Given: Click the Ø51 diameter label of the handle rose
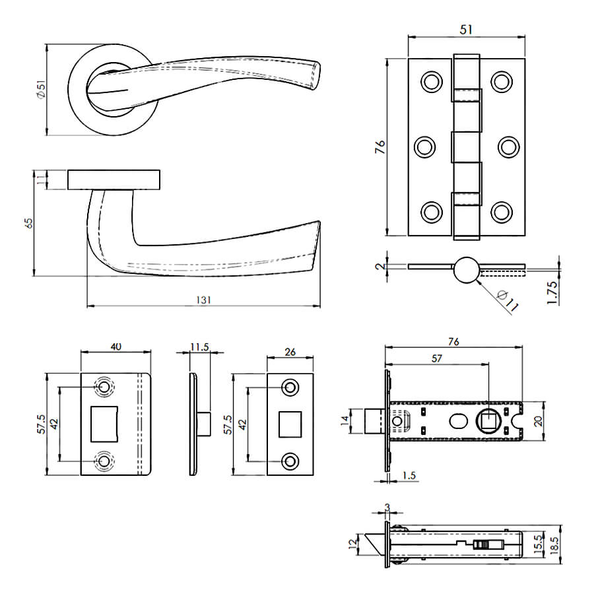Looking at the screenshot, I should pyautogui.click(x=40, y=90).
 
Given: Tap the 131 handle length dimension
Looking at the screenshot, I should pyautogui.click(x=203, y=300).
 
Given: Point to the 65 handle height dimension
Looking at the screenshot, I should pyautogui.click(x=28, y=223).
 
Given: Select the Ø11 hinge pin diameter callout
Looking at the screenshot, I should pyautogui.click(x=507, y=300).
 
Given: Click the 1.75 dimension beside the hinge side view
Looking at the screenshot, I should pyautogui.click(x=552, y=292).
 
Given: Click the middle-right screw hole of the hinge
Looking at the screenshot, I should pyautogui.click(x=508, y=146).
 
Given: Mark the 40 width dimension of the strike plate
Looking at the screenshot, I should pyautogui.click(x=116, y=346).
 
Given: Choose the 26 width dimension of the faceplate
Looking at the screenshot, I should pyautogui.click(x=290, y=352).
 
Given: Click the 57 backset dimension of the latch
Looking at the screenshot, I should pyautogui.click(x=436, y=358).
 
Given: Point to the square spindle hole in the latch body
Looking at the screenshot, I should pyautogui.click(x=488, y=419).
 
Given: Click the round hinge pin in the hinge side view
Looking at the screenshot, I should pyautogui.click(x=466, y=269).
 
